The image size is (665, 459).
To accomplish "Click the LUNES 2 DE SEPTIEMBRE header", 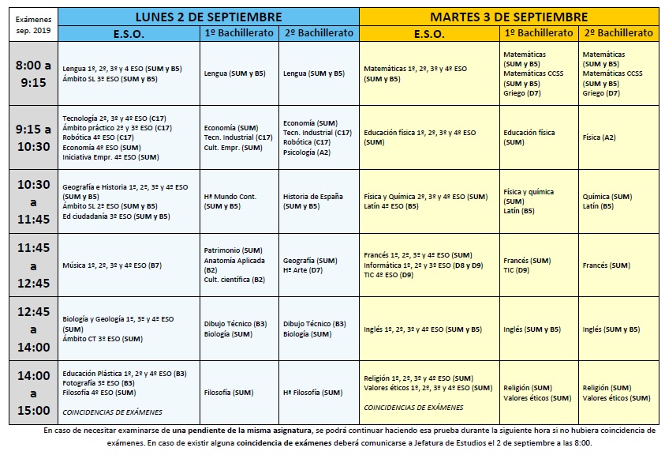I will (x=208, y=17).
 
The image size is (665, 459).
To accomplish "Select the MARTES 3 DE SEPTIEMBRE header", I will (x=509, y=17).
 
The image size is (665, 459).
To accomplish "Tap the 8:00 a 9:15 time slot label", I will (x=34, y=73).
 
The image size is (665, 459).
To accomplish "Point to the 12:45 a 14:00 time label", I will (x=34, y=329).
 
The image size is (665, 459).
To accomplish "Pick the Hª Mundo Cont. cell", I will (x=230, y=196).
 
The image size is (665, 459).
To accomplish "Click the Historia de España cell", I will (x=312, y=196).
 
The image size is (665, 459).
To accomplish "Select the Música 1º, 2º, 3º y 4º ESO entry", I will (x=111, y=265).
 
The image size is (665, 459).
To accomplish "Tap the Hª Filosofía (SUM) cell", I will (x=312, y=393).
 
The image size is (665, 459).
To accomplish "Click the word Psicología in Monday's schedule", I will (x=300, y=152).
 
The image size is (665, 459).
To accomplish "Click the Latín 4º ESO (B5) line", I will (x=394, y=206).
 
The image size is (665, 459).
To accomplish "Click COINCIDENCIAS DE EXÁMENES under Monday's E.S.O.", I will (x=112, y=412).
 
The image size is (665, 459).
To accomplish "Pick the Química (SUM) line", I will (x=607, y=197).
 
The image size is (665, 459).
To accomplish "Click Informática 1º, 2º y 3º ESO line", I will (x=423, y=265).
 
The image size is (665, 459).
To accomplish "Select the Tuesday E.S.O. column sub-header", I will (x=429, y=33).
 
